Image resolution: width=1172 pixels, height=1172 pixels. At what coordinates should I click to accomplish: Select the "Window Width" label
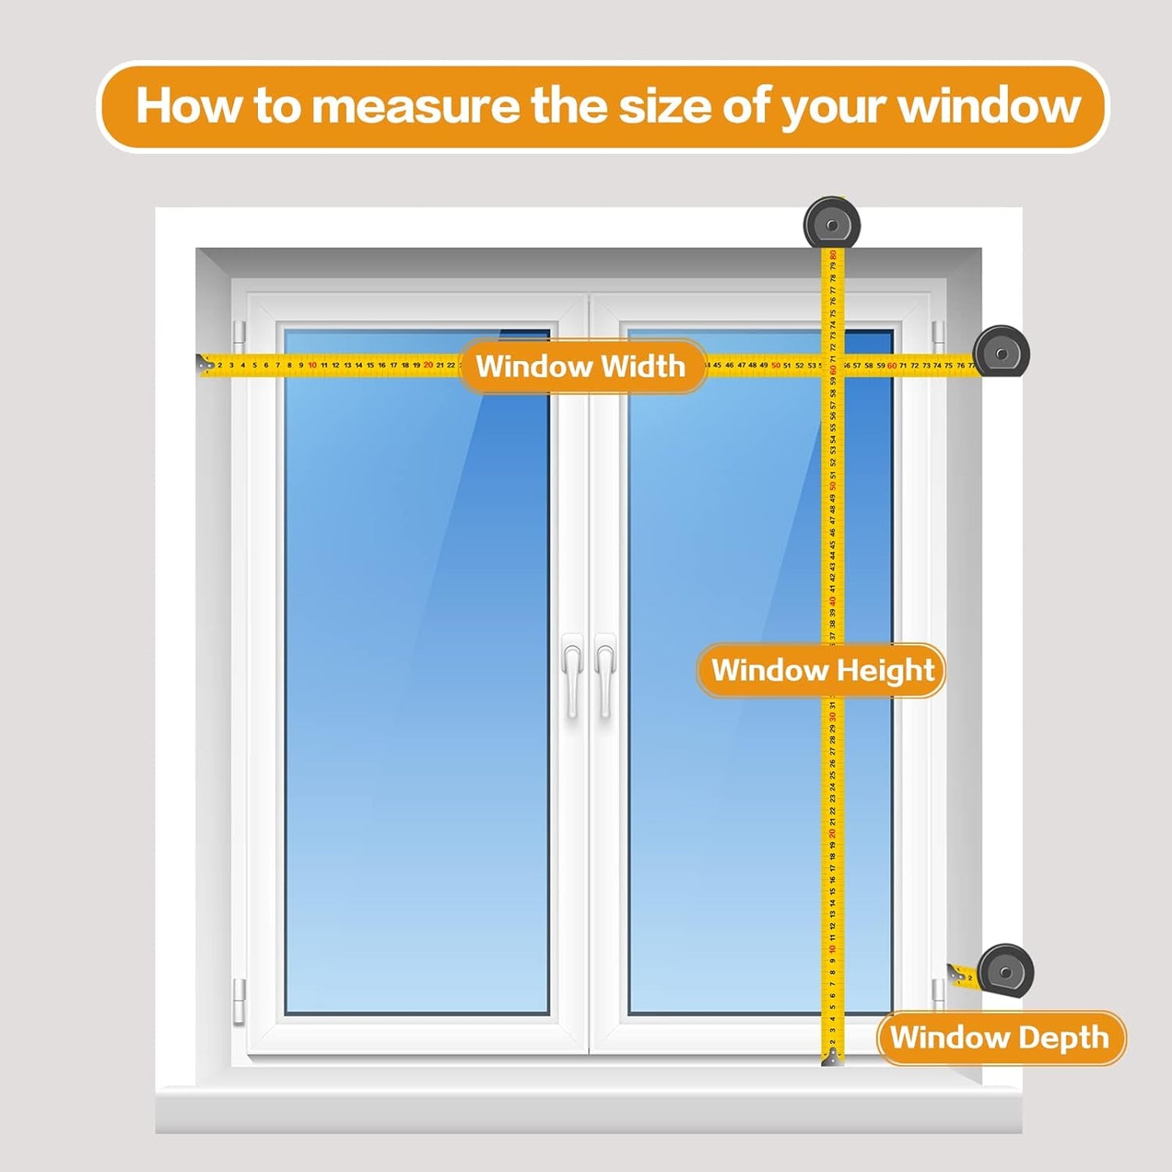581,367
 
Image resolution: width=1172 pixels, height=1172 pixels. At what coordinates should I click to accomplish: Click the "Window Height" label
822,671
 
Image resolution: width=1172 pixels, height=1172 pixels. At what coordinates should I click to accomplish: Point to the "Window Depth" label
999,1037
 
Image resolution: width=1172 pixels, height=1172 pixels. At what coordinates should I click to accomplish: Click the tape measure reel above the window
832,223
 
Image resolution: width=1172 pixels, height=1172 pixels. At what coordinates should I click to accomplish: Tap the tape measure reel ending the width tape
1002,352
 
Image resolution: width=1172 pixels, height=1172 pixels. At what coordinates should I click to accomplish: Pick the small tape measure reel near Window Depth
1006,971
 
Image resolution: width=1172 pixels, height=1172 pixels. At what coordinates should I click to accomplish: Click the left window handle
573,675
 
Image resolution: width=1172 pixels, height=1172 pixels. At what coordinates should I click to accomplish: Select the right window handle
605,675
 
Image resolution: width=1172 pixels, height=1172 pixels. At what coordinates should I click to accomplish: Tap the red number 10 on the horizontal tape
312,366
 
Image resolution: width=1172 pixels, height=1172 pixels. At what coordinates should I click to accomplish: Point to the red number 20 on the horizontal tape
428,366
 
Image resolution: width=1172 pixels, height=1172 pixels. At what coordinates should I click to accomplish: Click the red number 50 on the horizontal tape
775,366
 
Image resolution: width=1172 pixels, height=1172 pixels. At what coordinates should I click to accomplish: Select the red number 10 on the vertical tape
832,949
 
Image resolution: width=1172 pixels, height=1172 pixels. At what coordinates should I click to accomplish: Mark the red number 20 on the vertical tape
832,834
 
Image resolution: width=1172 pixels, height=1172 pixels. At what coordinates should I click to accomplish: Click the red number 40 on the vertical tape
832,601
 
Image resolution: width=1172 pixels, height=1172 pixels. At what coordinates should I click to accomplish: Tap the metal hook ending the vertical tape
833,1057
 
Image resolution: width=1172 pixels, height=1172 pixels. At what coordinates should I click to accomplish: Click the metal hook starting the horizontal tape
205,366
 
